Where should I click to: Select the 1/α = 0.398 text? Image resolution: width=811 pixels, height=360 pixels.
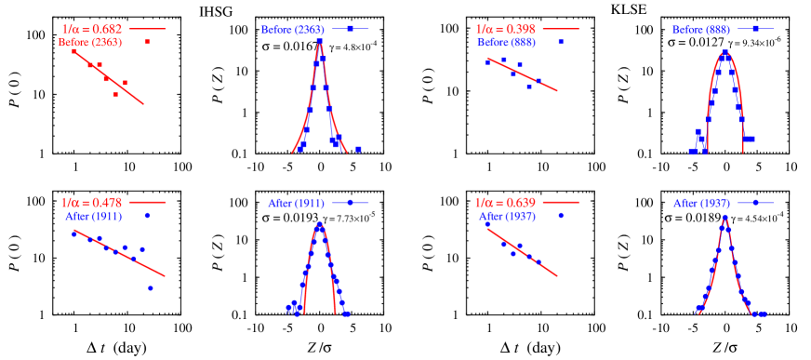point(505,29)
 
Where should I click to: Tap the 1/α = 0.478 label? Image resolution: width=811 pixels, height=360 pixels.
point(92,202)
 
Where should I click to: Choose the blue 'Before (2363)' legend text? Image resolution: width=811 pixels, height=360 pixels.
point(291,29)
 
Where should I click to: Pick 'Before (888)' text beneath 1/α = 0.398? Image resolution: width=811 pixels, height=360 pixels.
point(506,42)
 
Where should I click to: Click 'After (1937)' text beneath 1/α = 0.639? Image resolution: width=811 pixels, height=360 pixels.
point(507,215)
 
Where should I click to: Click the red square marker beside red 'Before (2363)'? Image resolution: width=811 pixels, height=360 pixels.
point(148,42)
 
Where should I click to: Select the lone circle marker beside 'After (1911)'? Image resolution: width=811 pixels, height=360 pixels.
point(148,215)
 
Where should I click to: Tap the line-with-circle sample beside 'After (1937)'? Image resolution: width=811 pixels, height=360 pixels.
point(755,202)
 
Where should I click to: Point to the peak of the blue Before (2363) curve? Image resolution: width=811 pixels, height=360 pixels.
point(320,42)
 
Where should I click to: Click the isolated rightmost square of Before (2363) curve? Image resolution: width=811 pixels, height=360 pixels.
point(358,149)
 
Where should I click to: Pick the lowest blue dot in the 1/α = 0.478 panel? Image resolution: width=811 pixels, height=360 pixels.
point(151,288)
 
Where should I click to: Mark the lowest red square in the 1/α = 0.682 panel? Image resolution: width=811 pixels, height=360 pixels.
point(116,95)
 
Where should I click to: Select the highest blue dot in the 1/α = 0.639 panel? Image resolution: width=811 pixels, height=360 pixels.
point(487,224)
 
